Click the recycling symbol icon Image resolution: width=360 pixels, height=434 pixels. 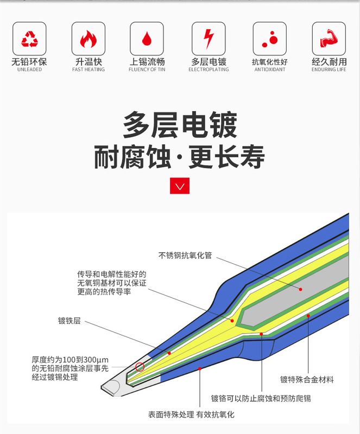coord(29,39)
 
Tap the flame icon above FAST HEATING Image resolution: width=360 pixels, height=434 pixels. coord(88,39)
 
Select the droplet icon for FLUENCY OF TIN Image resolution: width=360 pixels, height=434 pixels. coord(146,39)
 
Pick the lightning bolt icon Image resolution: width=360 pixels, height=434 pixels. coord(209,39)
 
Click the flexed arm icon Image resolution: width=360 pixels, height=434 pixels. coord(329,39)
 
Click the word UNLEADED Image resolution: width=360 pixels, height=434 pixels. coord(29,70)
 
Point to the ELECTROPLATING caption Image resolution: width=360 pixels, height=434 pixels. coord(209,70)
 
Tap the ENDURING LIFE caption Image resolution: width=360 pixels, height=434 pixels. coord(329,70)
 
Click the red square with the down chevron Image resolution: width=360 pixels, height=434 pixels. coord(180,186)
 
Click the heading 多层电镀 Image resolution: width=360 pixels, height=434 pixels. coord(180,125)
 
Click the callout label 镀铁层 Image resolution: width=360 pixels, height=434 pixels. coord(70,321)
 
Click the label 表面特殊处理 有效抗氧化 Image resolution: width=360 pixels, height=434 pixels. coord(191,415)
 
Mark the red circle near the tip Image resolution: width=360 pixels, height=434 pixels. coord(140,367)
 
